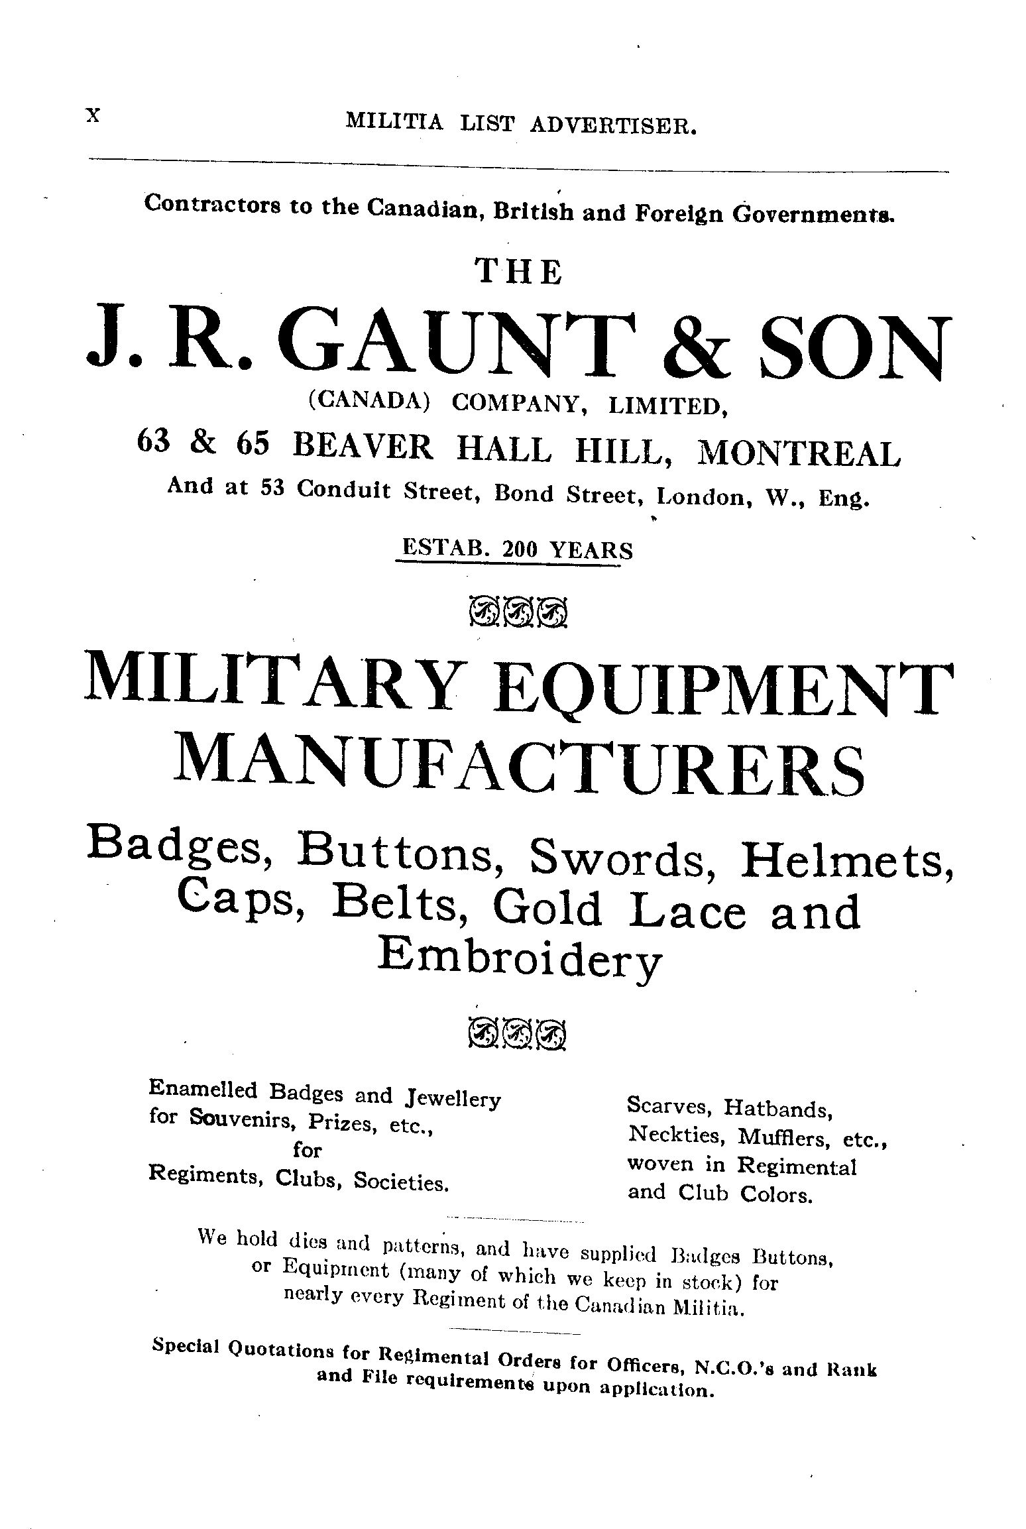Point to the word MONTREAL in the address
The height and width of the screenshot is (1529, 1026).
(799, 454)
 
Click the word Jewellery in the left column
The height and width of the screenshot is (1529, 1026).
(451, 1100)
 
